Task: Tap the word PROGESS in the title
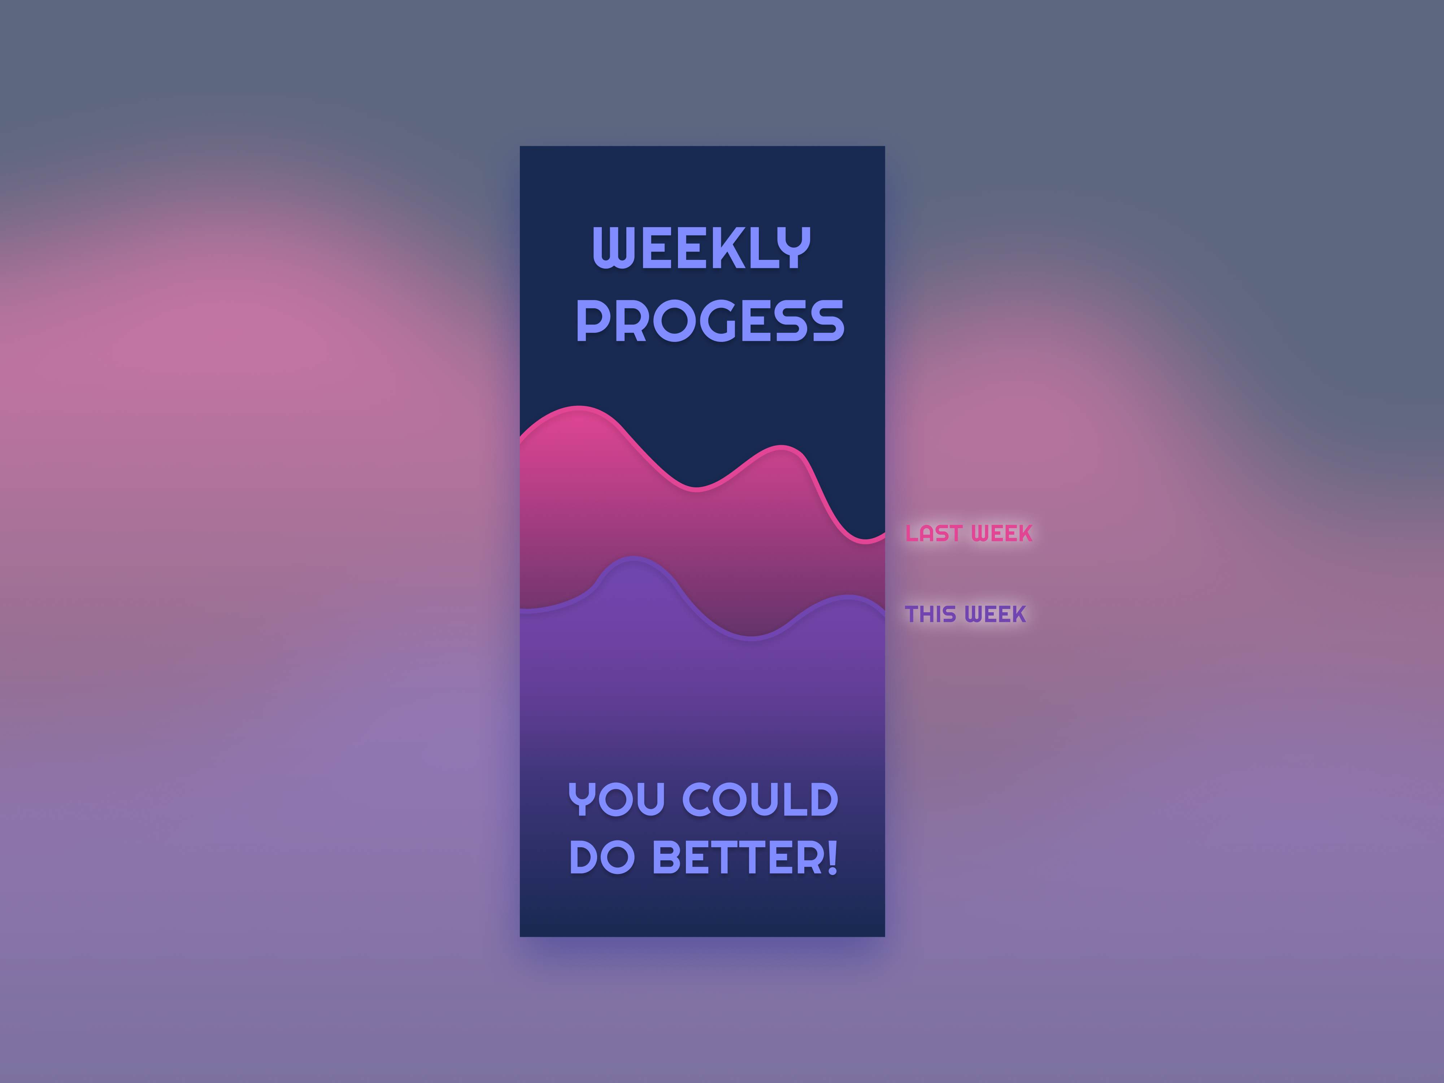(710, 321)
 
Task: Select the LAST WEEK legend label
(969, 533)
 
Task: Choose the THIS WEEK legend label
(966, 614)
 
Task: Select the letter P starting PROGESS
(592, 321)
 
